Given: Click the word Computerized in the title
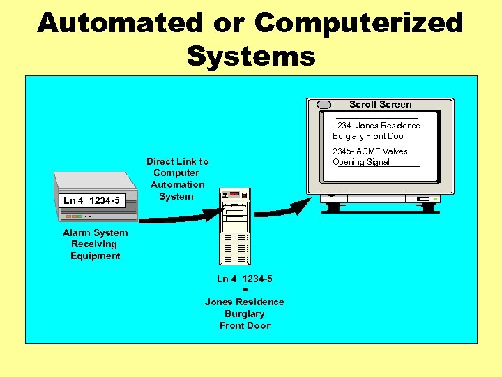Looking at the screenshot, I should pyautogui.click(x=359, y=22).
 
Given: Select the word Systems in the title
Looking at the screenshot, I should pyautogui.click(x=251, y=56).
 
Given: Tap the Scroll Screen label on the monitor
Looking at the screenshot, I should pyautogui.click(x=380, y=104).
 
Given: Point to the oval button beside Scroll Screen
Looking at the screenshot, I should pyautogui.click(x=324, y=105).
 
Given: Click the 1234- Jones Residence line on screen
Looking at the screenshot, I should pyautogui.click(x=376, y=126).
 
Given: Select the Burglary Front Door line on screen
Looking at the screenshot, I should pyautogui.click(x=369, y=136).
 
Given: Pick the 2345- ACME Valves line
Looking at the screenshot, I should pyautogui.click(x=370, y=151).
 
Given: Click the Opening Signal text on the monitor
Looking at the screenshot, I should pyautogui.click(x=360, y=162).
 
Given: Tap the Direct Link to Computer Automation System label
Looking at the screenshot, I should pyautogui.click(x=177, y=179).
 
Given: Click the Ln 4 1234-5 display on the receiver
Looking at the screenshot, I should pyautogui.click(x=91, y=201).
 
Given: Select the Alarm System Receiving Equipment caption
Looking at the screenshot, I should pyautogui.click(x=95, y=244).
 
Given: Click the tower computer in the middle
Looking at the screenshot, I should pyautogui.click(x=234, y=227).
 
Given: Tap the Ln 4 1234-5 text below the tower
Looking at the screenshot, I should pyautogui.click(x=244, y=279).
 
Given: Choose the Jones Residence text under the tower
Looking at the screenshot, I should pyautogui.click(x=244, y=302).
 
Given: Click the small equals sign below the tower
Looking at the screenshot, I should pyautogui.click(x=245, y=290).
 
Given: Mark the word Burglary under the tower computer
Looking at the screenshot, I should pyautogui.click(x=244, y=313).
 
